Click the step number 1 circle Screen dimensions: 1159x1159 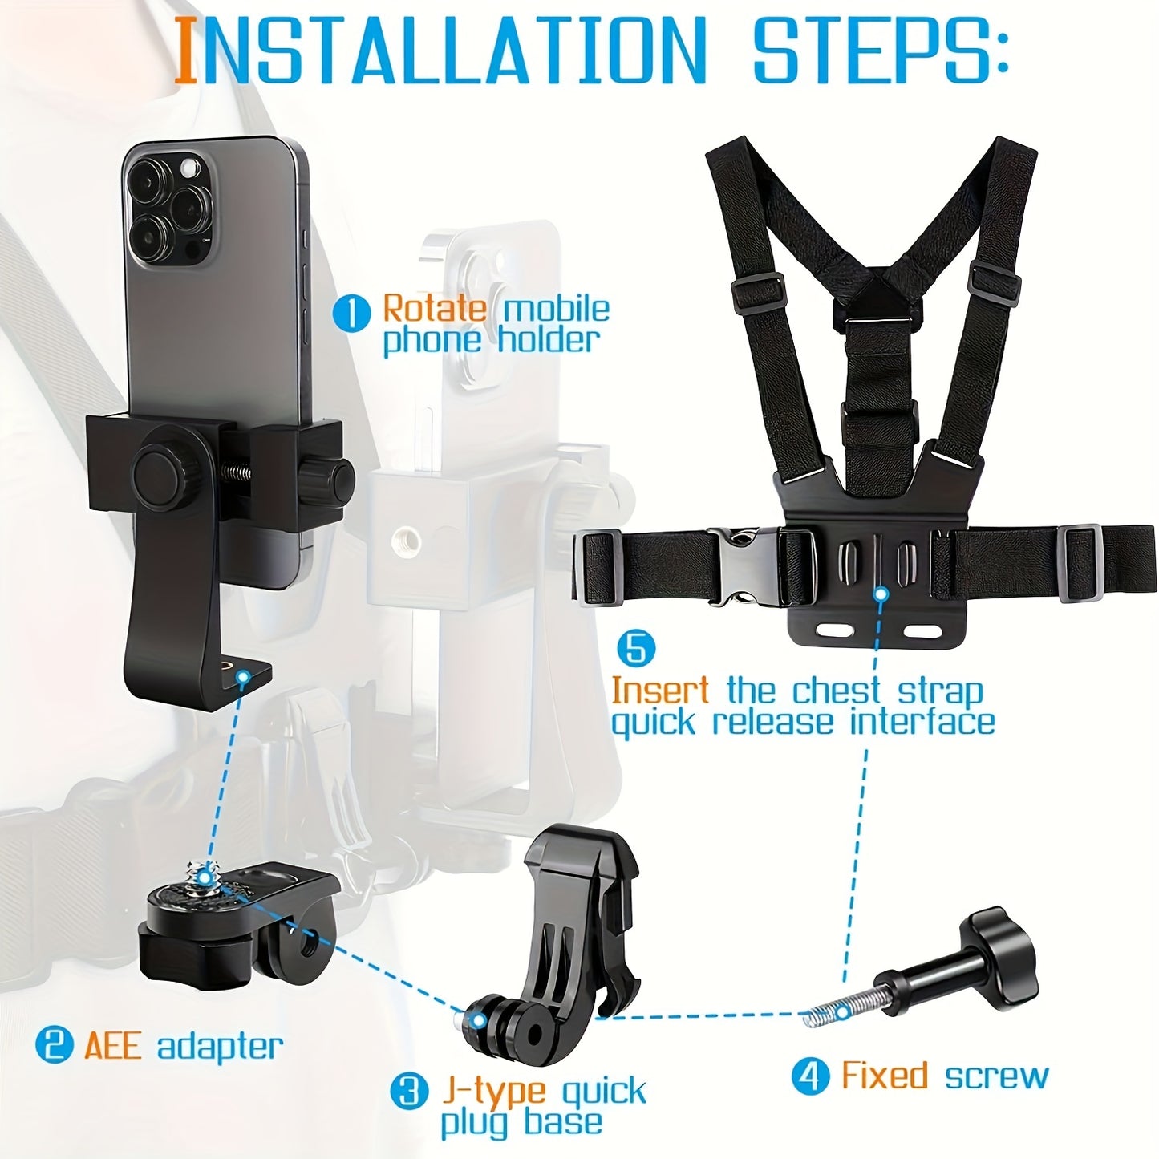[351, 313]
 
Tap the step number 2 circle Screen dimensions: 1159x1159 [55, 1045]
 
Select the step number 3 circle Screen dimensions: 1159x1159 [409, 1091]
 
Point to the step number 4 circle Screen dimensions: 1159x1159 [810, 1076]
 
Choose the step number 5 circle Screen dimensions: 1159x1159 [636, 648]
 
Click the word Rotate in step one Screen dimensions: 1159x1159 [435, 309]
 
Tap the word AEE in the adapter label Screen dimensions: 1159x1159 [113, 1046]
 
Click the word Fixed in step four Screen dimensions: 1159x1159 [885, 1076]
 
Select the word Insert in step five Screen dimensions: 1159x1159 [659, 690]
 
